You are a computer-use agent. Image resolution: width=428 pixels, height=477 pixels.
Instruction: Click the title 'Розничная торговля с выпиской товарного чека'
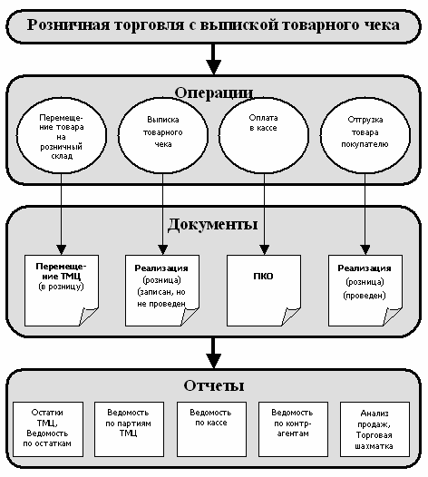click(x=213, y=25)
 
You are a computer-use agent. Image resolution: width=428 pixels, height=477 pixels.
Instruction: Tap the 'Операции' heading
click(x=213, y=92)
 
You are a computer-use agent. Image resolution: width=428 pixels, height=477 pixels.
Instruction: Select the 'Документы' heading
click(x=212, y=225)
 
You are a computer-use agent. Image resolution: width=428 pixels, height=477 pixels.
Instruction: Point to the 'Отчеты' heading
click(x=213, y=385)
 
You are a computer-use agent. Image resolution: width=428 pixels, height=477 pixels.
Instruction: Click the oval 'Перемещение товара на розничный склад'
click(x=62, y=135)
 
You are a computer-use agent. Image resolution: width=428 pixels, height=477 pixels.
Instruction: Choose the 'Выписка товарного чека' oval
click(x=163, y=135)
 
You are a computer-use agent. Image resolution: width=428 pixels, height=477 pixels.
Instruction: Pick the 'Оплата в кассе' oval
click(x=264, y=135)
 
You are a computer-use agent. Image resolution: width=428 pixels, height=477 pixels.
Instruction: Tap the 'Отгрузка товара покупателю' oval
click(x=365, y=135)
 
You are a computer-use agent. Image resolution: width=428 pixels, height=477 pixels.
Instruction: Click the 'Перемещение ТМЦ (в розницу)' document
click(x=62, y=290)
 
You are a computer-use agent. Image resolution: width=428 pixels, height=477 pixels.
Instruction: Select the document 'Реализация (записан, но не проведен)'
click(x=162, y=290)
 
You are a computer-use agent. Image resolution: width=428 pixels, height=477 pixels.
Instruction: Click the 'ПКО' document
click(x=264, y=290)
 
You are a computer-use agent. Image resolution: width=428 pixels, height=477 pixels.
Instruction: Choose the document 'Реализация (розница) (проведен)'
click(x=365, y=290)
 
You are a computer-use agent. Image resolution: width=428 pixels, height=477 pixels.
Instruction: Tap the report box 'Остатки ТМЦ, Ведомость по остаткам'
click(x=48, y=429)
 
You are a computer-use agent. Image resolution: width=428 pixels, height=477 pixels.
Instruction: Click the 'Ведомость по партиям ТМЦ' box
click(x=129, y=429)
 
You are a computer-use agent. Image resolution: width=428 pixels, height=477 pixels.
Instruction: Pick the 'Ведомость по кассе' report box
click(x=211, y=429)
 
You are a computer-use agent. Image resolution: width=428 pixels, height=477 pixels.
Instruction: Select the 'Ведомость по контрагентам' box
click(x=293, y=429)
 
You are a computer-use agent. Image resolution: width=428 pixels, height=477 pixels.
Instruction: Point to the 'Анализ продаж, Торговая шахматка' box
click(x=374, y=429)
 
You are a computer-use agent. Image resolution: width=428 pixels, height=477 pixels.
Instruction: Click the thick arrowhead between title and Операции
click(x=213, y=67)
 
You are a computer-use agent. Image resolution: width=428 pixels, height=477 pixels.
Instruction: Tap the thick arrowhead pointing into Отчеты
click(x=213, y=361)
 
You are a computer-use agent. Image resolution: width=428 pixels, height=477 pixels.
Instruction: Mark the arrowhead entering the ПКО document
click(x=265, y=250)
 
